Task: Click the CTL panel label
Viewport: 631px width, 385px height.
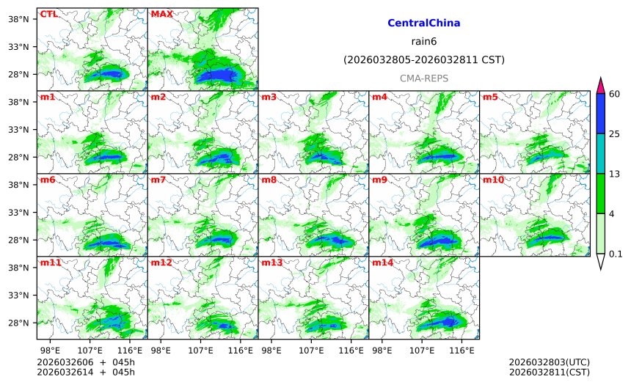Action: (48, 14)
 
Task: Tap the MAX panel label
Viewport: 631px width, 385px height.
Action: (161, 14)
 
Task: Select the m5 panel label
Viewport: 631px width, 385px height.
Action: (490, 97)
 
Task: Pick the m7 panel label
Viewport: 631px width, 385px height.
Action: (158, 180)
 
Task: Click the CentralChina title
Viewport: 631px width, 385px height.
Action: (423, 23)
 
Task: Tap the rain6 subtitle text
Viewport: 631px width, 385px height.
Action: (423, 41)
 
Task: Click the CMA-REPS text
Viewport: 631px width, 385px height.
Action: (423, 78)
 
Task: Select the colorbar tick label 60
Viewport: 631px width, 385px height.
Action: (615, 93)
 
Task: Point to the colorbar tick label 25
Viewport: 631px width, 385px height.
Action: (615, 133)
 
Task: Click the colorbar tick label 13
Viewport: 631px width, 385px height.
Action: (615, 173)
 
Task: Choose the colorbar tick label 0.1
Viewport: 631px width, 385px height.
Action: (616, 254)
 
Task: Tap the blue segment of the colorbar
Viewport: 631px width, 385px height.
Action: (601, 113)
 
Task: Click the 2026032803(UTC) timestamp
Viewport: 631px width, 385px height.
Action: (549, 362)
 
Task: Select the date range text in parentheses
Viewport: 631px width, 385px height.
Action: (423, 59)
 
